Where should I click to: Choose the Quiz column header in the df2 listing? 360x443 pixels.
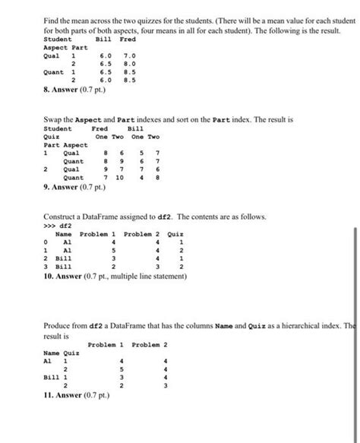[x=175, y=234]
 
